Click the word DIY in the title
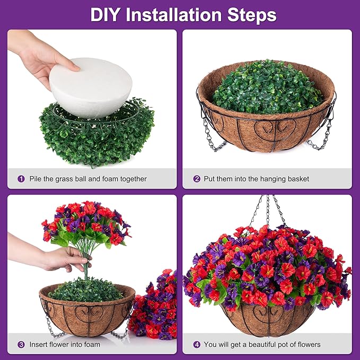[x=104, y=15]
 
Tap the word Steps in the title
[x=252, y=15]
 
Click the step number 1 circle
[x=21, y=179]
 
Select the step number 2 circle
[x=197, y=179]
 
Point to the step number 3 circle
[x=21, y=345]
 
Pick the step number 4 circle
[x=197, y=345]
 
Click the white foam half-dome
[x=91, y=87]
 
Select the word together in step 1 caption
[x=134, y=179]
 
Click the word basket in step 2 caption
[x=297, y=179]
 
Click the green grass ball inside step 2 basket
[x=267, y=87]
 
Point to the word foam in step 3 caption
[x=92, y=345]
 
